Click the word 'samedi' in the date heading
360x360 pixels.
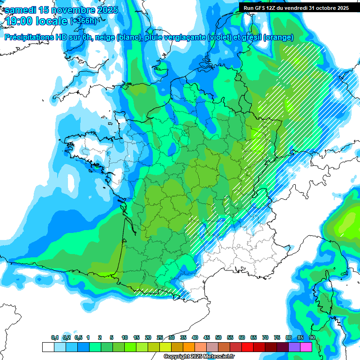[x=20, y=10]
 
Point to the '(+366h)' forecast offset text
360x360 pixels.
[x=84, y=21]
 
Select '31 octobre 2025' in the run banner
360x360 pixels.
[x=328, y=7]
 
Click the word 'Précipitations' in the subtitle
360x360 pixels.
[x=29, y=37]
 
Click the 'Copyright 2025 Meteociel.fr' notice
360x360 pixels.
[x=199, y=357]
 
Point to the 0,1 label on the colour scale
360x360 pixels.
[x=55, y=338]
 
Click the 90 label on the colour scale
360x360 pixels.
[x=312, y=338]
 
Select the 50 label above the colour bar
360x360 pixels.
[x=218, y=338]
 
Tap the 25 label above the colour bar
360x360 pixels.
[x=160, y=338]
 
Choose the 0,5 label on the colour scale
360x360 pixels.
[x=78, y=338]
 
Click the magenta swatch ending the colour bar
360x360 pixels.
[x=306, y=347]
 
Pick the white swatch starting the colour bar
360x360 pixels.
[x=48, y=347]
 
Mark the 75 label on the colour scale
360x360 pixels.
[x=277, y=338]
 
